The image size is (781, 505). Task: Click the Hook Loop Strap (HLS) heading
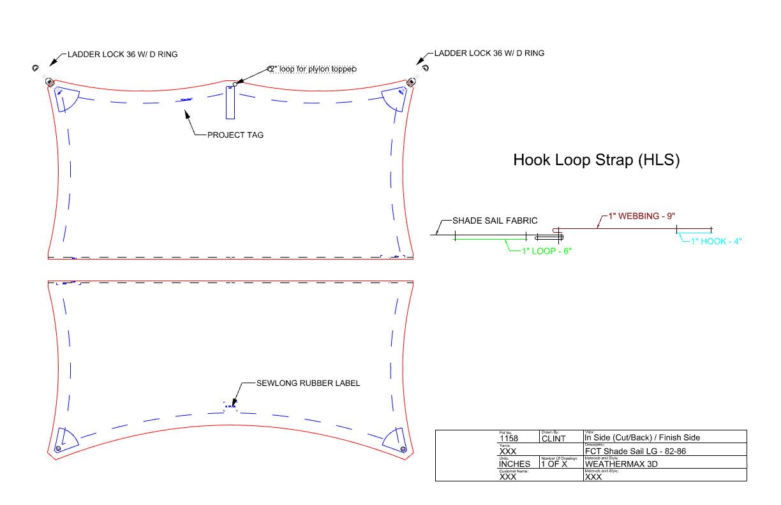(x=596, y=160)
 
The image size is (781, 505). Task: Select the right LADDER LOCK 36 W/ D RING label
(x=489, y=54)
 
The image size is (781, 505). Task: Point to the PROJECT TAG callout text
(x=235, y=135)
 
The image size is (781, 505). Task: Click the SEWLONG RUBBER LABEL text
(x=308, y=383)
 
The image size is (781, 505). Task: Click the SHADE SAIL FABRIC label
(x=495, y=221)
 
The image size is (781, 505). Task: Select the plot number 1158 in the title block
(x=509, y=439)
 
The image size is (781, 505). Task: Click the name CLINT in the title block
(x=553, y=439)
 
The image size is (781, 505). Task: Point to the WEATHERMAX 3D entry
(x=621, y=464)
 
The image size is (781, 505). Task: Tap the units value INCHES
(x=514, y=464)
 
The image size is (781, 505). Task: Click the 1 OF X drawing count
(x=554, y=464)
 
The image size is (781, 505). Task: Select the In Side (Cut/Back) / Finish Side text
(x=642, y=438)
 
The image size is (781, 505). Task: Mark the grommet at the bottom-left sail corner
(x=58, y=450)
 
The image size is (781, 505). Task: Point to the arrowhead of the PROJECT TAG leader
(x=186, y=113)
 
